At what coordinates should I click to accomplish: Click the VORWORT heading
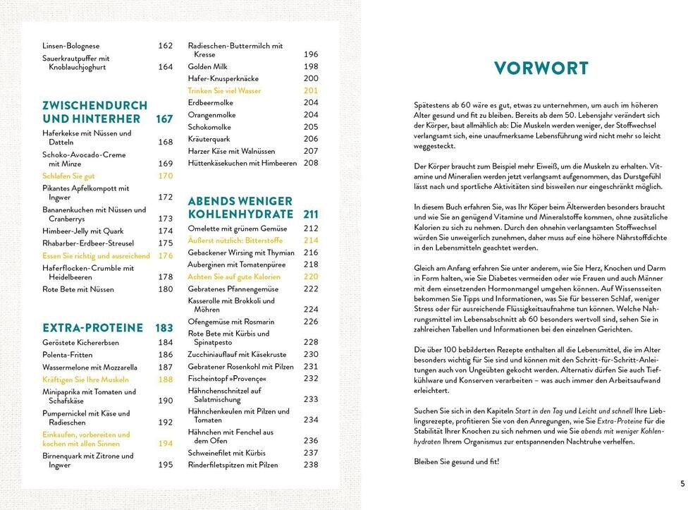pyautogui.click(x=541, y=68)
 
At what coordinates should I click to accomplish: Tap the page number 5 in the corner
pyautogui.click(x=682, y=483)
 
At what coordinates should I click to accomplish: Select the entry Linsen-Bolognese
pyautogui.click(x=70, y=46)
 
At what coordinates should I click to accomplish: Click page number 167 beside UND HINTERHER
pyautogui.click(x=164, y=119)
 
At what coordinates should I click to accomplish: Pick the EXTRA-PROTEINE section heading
pyautogui.click(x=93, y=328)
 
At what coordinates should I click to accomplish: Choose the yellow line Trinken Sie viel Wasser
pyautogui.click(x=224, y=91)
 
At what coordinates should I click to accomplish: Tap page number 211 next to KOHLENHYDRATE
pyautogui.click(x=311, y=214)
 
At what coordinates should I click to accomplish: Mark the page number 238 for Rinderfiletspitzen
pyautogui.click(x=311, y=465)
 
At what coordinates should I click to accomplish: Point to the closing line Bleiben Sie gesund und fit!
pyautogui.click(x=456, y=461)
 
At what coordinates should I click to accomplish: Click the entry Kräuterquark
pyautogui.click(x=209, y=139)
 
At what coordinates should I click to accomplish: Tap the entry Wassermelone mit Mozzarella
pyautogui.click(x=90, y=368)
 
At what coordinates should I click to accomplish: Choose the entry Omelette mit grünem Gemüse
pyautogui.click(x=237, y=228)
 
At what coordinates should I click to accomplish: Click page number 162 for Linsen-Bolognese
pyautogui.click(x=165, y=46)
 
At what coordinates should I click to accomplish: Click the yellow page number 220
pyautogui.click(x=311, y=277)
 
